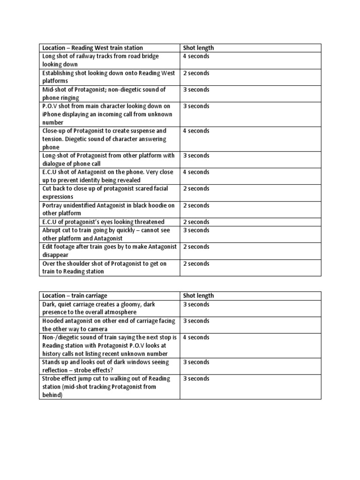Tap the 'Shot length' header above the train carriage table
[198, 296]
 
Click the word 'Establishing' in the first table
[59, 73]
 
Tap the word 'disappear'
[55, 255]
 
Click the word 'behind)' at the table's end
[52, 395]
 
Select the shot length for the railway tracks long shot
[196, 56]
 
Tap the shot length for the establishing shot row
[196, 73]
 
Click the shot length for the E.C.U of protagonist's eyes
[196, 222]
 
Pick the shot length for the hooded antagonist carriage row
[196, 321]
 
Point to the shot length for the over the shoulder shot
[196, 263]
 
